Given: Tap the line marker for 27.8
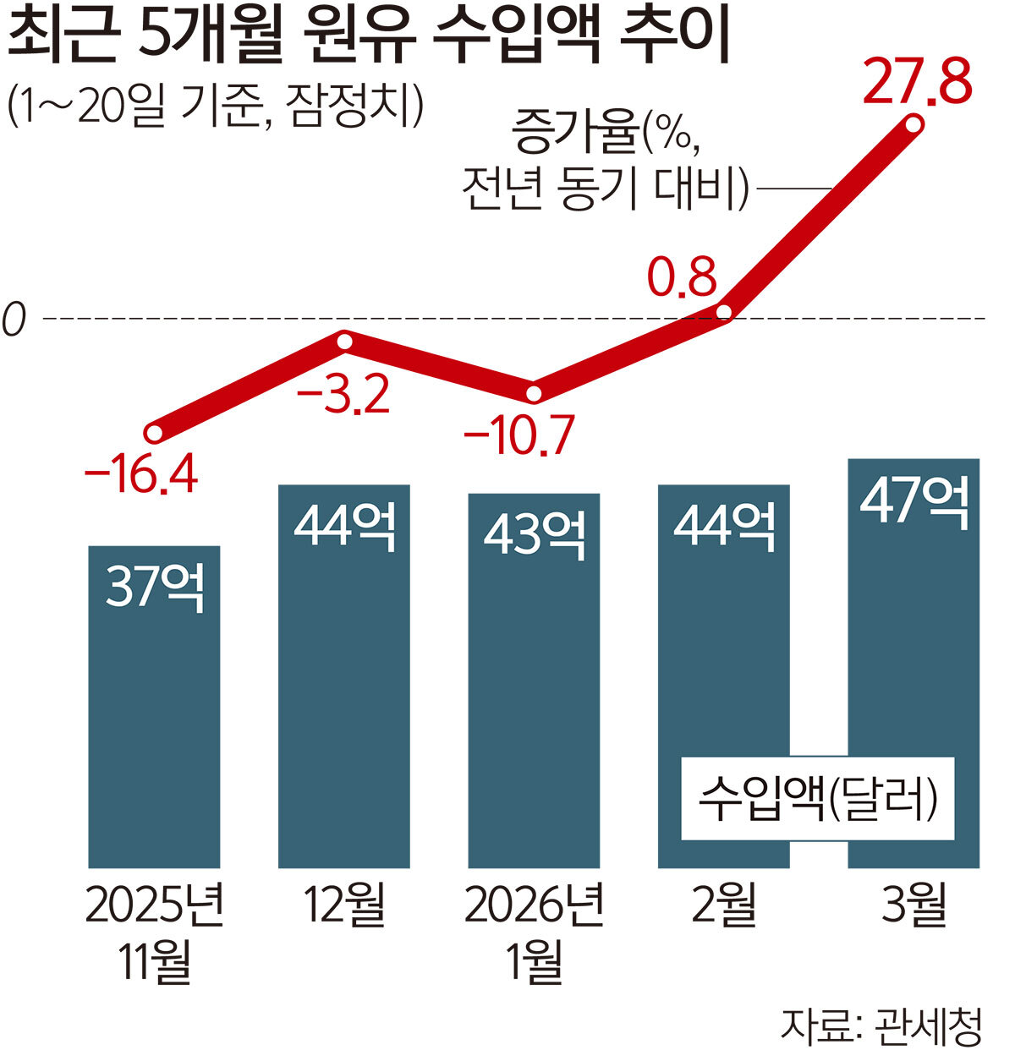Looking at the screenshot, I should [913, 126].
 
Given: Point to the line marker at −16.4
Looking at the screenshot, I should [154, 434].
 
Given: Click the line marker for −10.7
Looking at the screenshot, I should [534, 393].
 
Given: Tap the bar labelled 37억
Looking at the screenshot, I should [154, 706].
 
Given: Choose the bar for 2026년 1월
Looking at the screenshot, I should [534, 681].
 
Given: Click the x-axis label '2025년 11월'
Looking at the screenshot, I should [154, 932].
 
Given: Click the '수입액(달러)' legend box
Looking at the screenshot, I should [817, 798].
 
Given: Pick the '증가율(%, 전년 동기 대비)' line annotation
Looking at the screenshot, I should [606, 163].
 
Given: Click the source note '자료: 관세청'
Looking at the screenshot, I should [880, 1024].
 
